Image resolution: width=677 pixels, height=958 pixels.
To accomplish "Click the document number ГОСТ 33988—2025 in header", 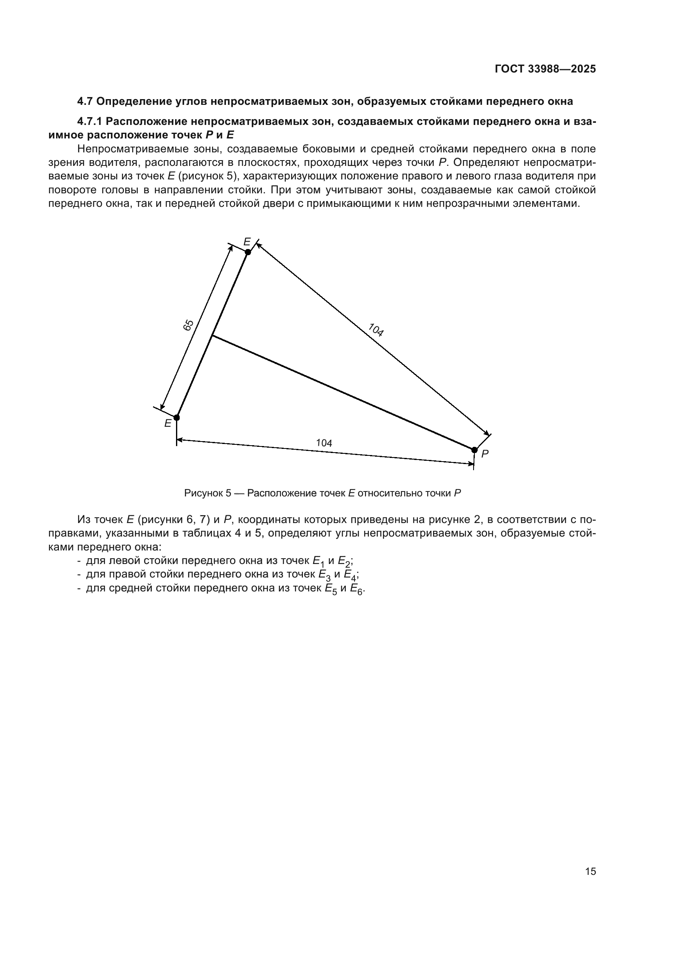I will tap(545, 69).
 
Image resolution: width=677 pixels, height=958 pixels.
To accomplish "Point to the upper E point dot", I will tap(248, 252).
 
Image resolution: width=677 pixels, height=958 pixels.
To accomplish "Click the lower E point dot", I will tap(177, 417).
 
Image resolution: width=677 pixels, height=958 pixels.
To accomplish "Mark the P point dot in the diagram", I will tap(474, 450).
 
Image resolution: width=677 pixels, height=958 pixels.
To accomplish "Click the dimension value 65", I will tap(188, 325).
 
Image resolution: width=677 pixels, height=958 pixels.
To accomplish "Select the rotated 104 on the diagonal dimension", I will tap(376, 330).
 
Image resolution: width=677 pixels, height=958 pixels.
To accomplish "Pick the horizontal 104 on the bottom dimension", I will tap(324, 443).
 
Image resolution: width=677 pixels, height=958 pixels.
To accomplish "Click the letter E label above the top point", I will tap(247, 242).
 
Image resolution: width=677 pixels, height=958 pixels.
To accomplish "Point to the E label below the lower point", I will tap(167, 424).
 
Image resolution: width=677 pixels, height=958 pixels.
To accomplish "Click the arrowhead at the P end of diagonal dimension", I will tap(487, 433).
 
